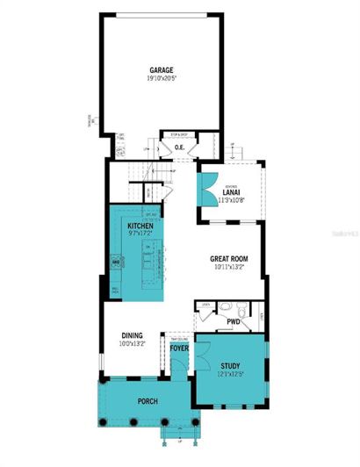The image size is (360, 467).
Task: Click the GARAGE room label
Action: (x=160, y=69)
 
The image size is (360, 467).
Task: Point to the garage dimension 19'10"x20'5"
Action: (x=160, y=78)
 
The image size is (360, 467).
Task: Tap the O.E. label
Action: (x=179, y=147)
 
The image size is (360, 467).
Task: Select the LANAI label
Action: (x=231, y=192)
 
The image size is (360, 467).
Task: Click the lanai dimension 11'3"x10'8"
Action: (x=231, y=200)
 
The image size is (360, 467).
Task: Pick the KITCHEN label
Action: (x=140, y=226)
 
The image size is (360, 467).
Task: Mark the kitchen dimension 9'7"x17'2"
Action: (x=140, y=234)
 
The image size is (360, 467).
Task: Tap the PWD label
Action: (x=234, y=322)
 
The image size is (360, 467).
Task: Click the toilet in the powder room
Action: (x=226, y=308)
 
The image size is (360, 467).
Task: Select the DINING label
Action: (x=132, y=334)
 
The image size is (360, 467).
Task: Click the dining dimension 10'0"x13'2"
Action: (x=132, y=343)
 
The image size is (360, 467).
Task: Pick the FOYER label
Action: (x=180, y=348)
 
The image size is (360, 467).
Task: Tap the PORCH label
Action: (x=147, y=401)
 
